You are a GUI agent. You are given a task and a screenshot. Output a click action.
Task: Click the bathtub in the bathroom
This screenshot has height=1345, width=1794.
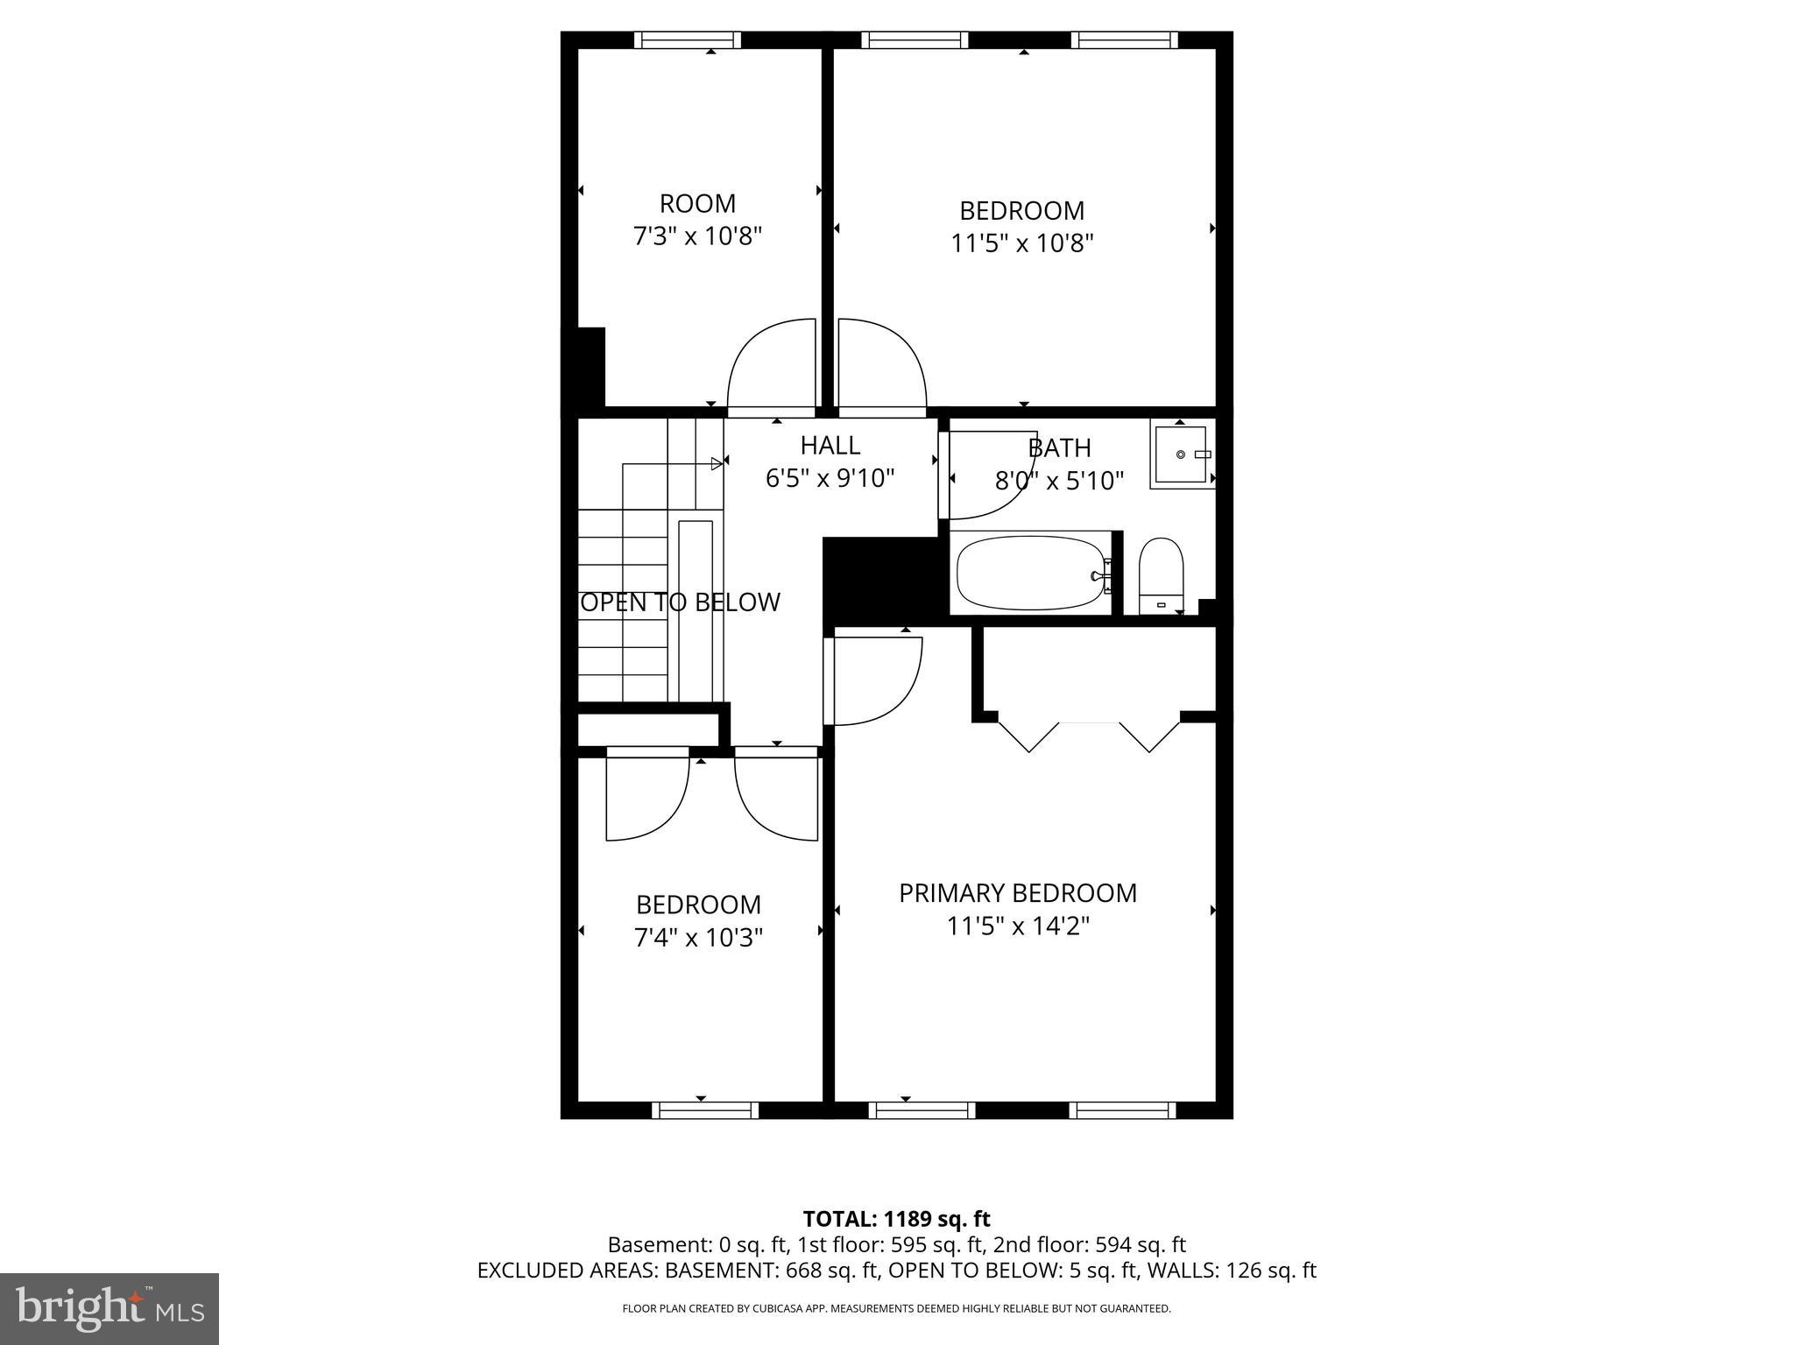point(1030,574)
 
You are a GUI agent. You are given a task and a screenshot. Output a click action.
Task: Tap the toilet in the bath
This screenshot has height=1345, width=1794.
point(1161,574)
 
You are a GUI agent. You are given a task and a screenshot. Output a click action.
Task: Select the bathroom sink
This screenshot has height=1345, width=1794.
point(1182,454)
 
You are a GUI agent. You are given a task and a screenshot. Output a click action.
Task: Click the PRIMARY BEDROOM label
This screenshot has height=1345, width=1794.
point(1018,893)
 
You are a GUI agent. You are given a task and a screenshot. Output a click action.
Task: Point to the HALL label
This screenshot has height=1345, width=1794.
point(830,446)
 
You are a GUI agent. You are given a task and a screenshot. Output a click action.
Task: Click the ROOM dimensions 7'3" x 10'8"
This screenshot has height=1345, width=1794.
point(698,236)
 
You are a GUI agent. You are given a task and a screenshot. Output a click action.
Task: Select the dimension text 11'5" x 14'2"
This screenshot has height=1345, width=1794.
point(1018,926)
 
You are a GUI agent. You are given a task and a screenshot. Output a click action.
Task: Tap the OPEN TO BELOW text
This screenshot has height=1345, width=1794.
point(681,602)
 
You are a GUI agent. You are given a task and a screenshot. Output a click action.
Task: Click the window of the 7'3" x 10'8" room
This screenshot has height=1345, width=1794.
point(688,39)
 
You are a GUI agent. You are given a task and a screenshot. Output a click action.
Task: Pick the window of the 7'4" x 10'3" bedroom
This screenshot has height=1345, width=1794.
point(705,1110)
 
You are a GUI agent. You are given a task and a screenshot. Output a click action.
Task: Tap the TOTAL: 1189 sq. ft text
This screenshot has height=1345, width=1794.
point(896,1219)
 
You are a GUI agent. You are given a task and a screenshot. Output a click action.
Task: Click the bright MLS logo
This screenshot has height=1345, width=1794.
point(109,1308)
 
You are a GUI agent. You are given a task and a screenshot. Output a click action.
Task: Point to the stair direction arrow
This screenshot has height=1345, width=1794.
point(717,463)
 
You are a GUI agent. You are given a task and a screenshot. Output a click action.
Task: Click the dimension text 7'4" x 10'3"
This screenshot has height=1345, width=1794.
point(698,938)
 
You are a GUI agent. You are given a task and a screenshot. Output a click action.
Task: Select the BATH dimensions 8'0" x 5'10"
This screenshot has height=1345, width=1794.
point(1059,481)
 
